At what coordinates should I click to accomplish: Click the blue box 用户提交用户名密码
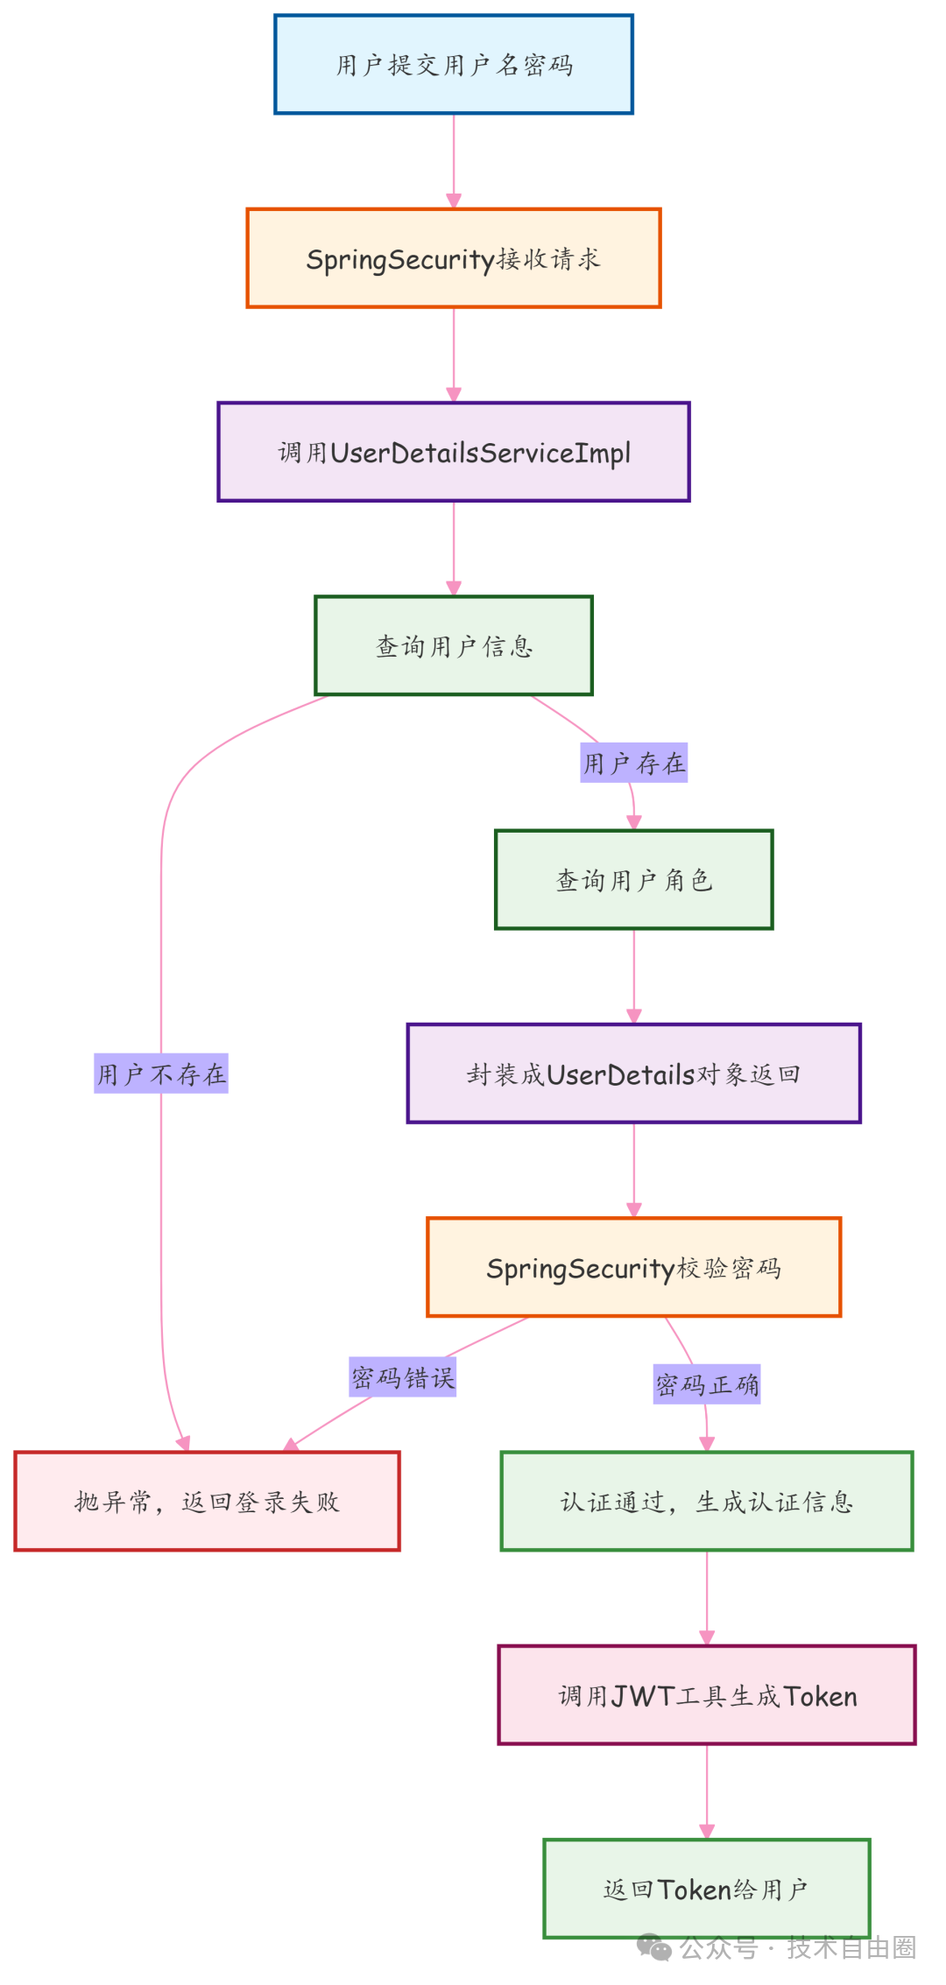453,65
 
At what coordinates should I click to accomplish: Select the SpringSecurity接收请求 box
453,259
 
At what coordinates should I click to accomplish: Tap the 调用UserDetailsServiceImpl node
453,453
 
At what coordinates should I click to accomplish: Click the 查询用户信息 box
453,646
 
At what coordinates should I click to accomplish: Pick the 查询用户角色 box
633,880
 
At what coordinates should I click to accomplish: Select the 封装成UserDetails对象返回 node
633,1074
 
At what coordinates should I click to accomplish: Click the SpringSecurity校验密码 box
633,1268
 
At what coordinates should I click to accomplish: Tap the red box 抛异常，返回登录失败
207,1502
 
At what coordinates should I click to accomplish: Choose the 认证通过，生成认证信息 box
706,1502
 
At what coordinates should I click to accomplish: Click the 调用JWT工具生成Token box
706,1696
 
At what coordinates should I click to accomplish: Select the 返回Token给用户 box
706,1890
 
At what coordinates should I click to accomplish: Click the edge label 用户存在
633,764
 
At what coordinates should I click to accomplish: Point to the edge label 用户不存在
161,1074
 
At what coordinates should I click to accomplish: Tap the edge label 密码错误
403,1378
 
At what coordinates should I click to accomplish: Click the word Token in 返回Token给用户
694,1890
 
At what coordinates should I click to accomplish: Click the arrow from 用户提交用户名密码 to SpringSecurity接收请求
453,162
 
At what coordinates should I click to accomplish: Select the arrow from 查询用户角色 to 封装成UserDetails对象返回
633,976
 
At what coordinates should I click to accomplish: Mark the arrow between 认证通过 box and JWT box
706,1598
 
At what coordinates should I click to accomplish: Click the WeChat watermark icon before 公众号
654,1947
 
